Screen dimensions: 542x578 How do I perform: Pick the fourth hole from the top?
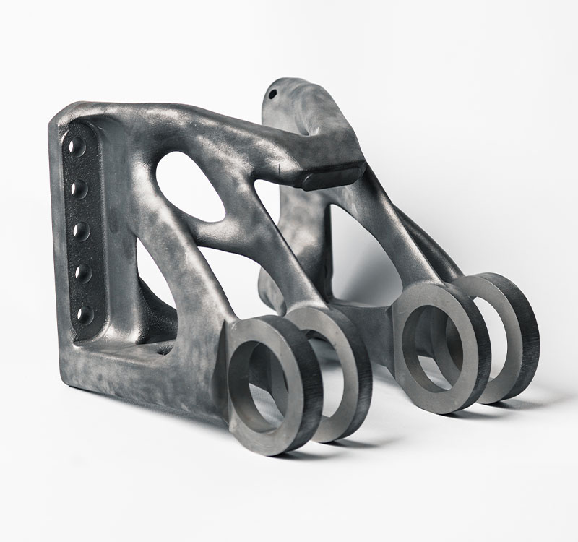[x=83, y=273]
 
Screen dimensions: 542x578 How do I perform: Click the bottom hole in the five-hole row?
[x=85, y=314]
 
